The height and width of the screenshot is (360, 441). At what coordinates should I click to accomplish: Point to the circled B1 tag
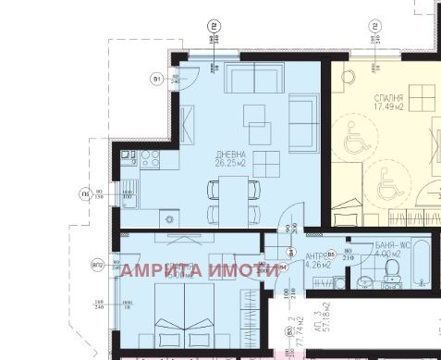[157, 79]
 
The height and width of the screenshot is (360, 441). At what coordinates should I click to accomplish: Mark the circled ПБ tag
[85, 193]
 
